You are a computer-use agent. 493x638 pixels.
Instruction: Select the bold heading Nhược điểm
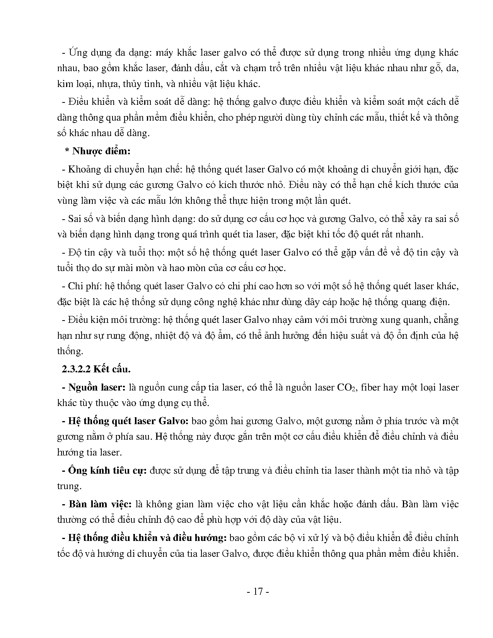(101, 151)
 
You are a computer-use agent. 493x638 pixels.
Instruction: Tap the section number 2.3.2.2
(76, 369)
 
